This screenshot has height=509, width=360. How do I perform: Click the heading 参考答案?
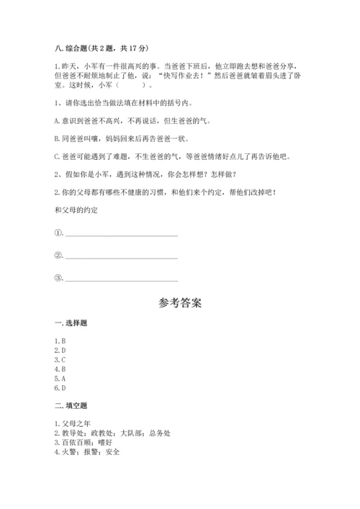(x=179, y=302)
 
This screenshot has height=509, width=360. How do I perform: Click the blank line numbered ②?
(x=120, y=256)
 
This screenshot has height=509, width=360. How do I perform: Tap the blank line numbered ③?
(x=120, y=279)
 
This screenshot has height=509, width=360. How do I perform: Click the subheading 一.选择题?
(x=71, y=324)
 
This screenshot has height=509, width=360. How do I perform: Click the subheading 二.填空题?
(x=71, y=407)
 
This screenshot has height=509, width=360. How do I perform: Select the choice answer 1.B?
(x=60, y=341)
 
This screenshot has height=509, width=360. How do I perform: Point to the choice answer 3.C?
(x=60, y=359)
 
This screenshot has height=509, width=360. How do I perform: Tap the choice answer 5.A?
(x=60, y=378)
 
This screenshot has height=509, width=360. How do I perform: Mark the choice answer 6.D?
(x=60, y=387)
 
